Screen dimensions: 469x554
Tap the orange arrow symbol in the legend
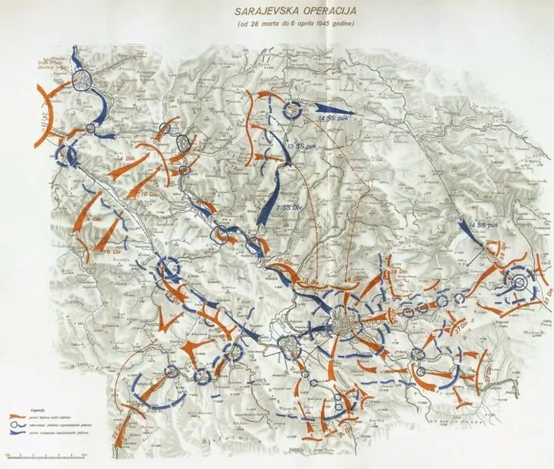pyautogui.click(x=20, y=417)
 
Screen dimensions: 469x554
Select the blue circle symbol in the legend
pyautogui.click(x=20, y=425)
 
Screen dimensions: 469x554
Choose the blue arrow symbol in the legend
pyautogui.click(x=20, y=433)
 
